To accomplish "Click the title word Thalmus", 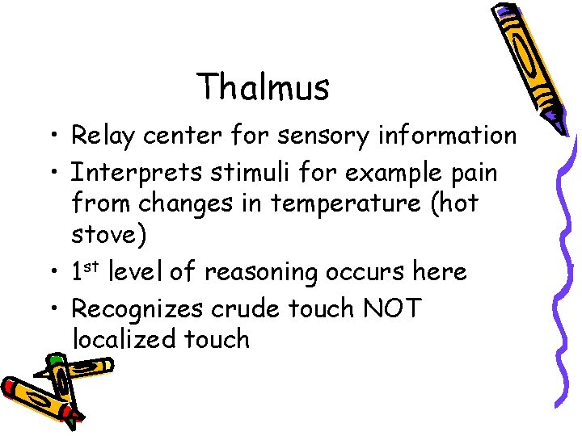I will (x=263, y=87).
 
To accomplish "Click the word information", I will (x=447, y=136).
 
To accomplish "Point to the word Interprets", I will (x=137, y=173).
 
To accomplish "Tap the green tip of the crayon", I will (x=55, y=360).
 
